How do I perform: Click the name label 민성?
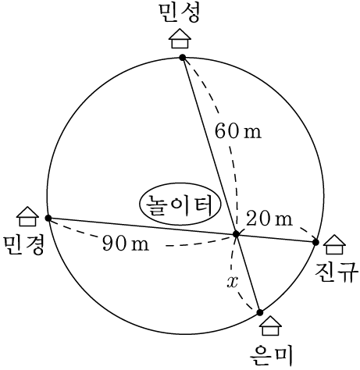point(180,12)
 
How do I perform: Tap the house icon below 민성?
point(180,38)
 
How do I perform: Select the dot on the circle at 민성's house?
point(183,58)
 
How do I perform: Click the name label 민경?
point(23,246)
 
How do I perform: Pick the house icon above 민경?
point(27,216)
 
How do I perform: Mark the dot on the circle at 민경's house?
point(48,218)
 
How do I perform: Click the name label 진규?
point(336,272)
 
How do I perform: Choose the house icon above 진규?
point(334,244)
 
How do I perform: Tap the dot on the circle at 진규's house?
point(315,242)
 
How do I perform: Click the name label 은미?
point(271,355)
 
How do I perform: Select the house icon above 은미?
point(271,326)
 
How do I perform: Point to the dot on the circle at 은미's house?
point(260,312)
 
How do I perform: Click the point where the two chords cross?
point(236,234)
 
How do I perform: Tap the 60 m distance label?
point(238,131)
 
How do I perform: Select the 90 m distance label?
point(126,244)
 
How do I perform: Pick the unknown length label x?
point(233,282)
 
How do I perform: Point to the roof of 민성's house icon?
point(180,34)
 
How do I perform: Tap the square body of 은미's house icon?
point(271,331)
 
